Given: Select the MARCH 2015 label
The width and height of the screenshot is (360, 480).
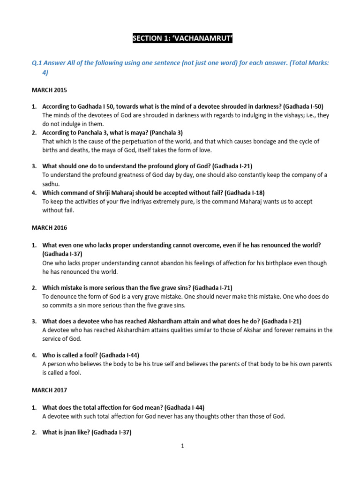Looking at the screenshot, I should [x=49, y=90].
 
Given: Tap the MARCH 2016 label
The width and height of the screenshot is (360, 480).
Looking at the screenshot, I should [x=49, y=228].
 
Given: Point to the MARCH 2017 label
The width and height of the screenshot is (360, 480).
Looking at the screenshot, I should [x=49, y=390].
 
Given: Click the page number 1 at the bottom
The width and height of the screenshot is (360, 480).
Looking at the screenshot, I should [x=183, y=446].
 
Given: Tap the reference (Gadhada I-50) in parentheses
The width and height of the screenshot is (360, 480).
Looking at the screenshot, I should [x=303, y=107].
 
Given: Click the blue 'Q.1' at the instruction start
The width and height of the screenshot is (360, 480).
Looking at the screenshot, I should [x=37, y=63].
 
